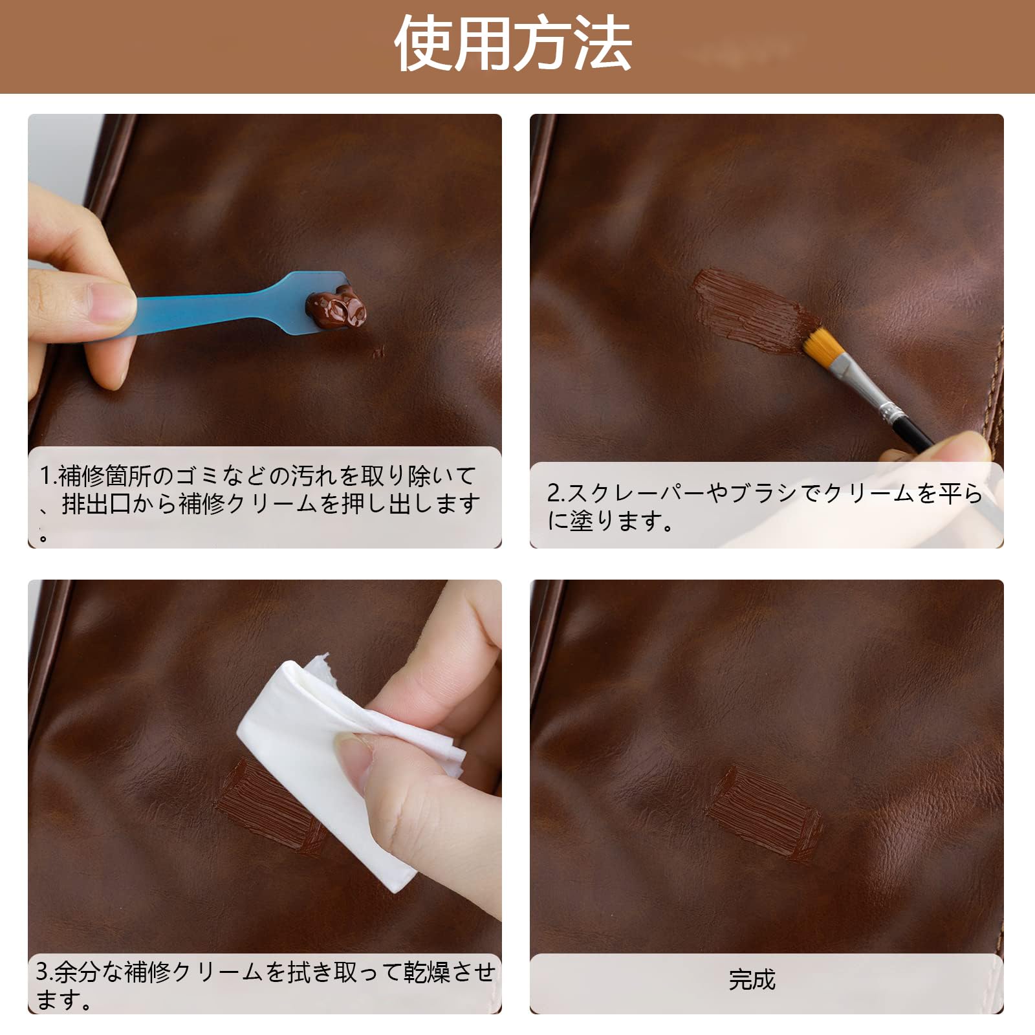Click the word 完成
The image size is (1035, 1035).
click(x=752, y=980)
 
